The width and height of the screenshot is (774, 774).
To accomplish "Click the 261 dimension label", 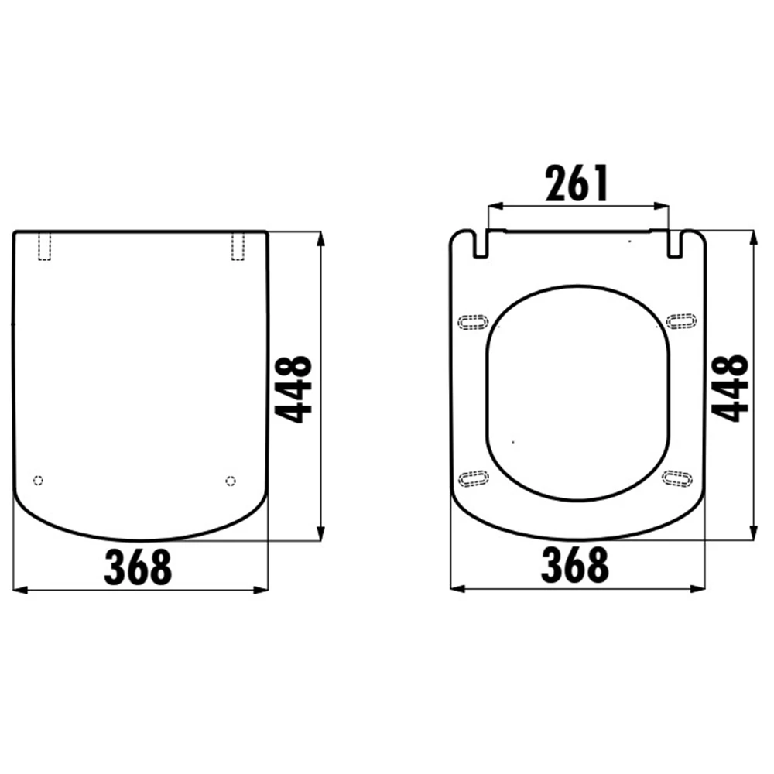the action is pyautogui.click(x=577, y=183).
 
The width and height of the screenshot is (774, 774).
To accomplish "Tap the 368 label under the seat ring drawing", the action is pyautogui.click(x=575, y=565).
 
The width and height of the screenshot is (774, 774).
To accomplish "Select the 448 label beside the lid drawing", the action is pyautogui.click(x=293, y=389).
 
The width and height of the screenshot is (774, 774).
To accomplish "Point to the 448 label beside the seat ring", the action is pyautogui.click(x=731, y=388).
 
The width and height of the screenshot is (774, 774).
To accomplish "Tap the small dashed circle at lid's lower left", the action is pyautogui.click(x=38, y=481).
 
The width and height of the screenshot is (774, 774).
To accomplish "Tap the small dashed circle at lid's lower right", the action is pyautogui.click(x=231, y=481).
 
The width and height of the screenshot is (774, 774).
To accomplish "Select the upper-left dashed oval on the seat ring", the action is pyautogui.click(x=473, y=322).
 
